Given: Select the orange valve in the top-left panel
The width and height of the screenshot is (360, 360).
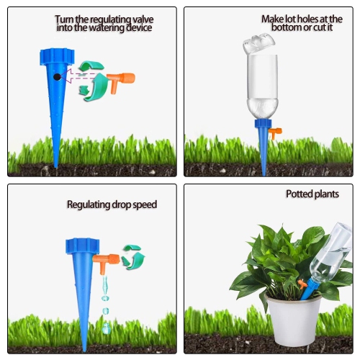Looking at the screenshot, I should pyautogui.click(x=123, y=78).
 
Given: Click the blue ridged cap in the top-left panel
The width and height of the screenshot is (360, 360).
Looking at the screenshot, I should pyautogui.click(x=55, y=56).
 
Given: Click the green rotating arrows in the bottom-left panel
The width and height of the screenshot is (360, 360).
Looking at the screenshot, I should pyautogui.click(x=132, y=256).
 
